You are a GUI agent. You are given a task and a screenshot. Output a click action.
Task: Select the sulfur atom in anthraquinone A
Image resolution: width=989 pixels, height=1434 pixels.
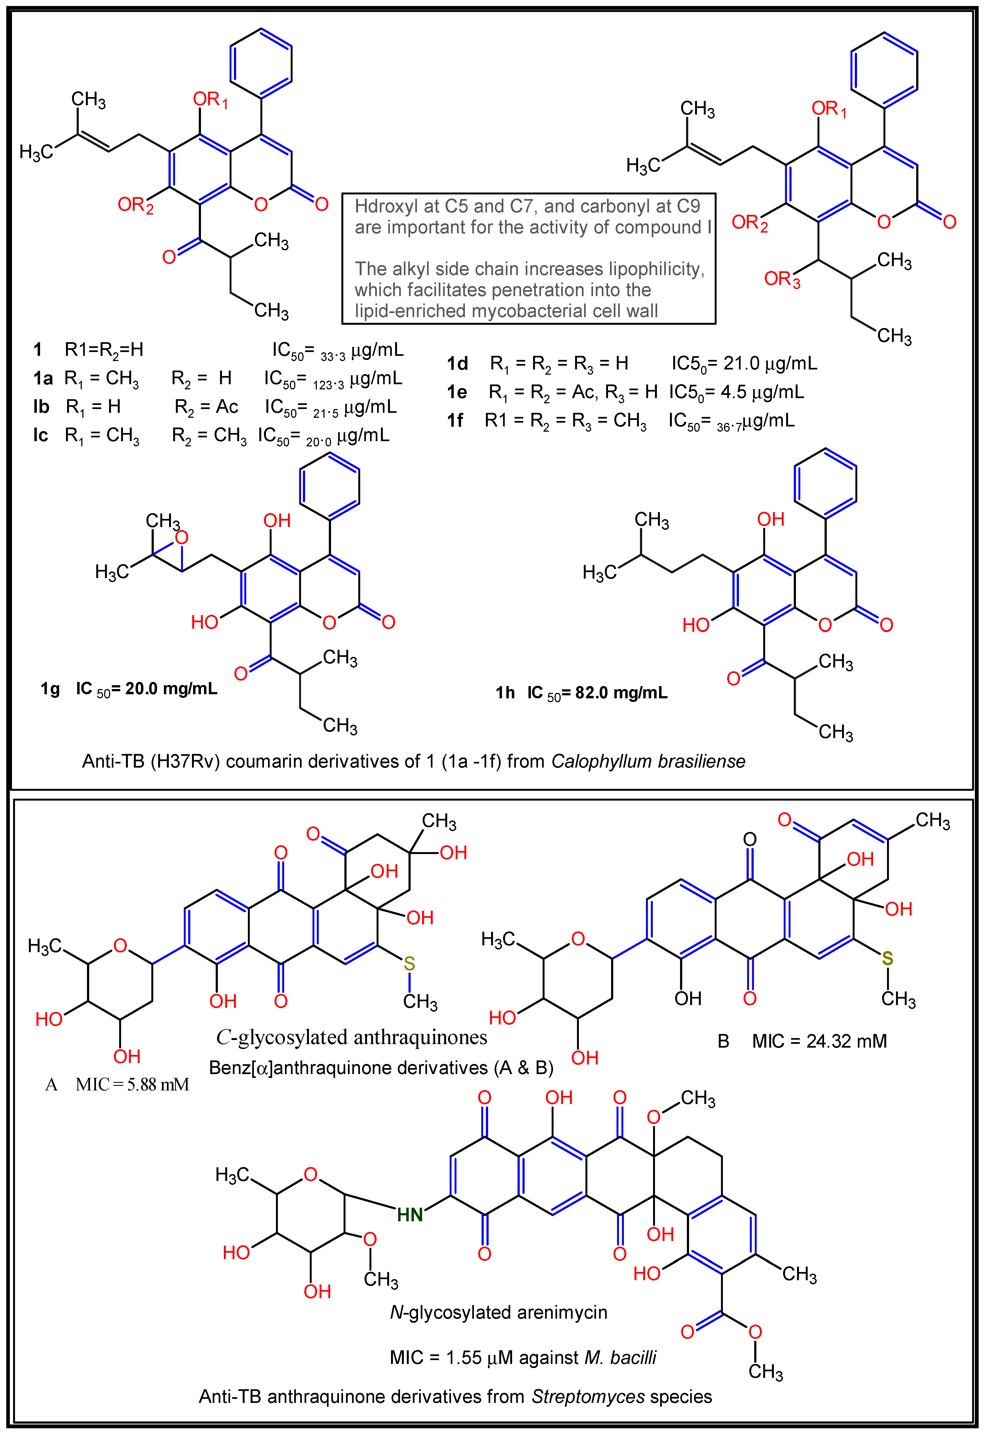click(409, 964)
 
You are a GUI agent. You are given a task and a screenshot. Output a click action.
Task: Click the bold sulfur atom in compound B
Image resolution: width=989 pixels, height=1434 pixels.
click(887, 959)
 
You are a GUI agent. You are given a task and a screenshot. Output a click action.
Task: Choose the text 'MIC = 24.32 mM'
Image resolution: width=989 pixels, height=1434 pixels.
click(819, 1041)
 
